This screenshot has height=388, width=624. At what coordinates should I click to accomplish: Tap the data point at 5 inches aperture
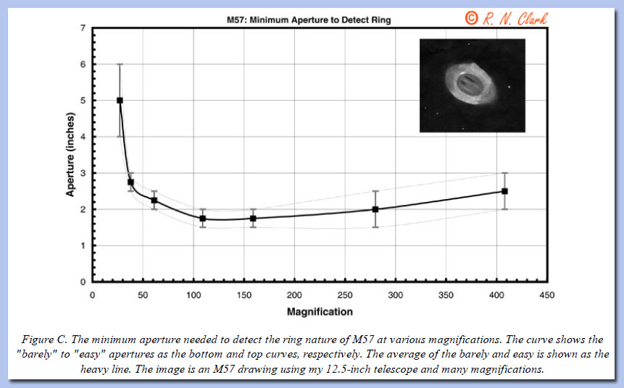(120, 101)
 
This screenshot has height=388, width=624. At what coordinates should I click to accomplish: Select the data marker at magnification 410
(504, 191)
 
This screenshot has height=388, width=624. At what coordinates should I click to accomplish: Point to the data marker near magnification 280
(375, 209)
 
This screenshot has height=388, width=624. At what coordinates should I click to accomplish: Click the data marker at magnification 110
(203, 218)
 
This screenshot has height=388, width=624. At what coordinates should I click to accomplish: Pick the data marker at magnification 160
(253, 218)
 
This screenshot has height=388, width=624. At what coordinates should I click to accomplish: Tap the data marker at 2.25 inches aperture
(154, 201)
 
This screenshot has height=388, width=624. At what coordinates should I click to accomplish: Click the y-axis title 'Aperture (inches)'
(70, 155)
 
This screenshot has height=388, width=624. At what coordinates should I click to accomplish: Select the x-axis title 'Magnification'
(319, 312)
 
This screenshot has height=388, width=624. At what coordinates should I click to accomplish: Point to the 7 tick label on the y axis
(83, 28)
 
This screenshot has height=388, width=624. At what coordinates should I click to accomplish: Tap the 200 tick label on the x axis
(294, 295)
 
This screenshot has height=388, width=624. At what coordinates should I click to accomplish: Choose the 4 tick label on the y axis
(83, 137)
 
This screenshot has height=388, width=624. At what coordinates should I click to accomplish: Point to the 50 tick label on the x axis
(142, 295)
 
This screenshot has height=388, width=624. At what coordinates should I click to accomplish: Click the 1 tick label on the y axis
(83, 245)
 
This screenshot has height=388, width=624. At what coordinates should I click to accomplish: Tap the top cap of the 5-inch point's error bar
(120, 64)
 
